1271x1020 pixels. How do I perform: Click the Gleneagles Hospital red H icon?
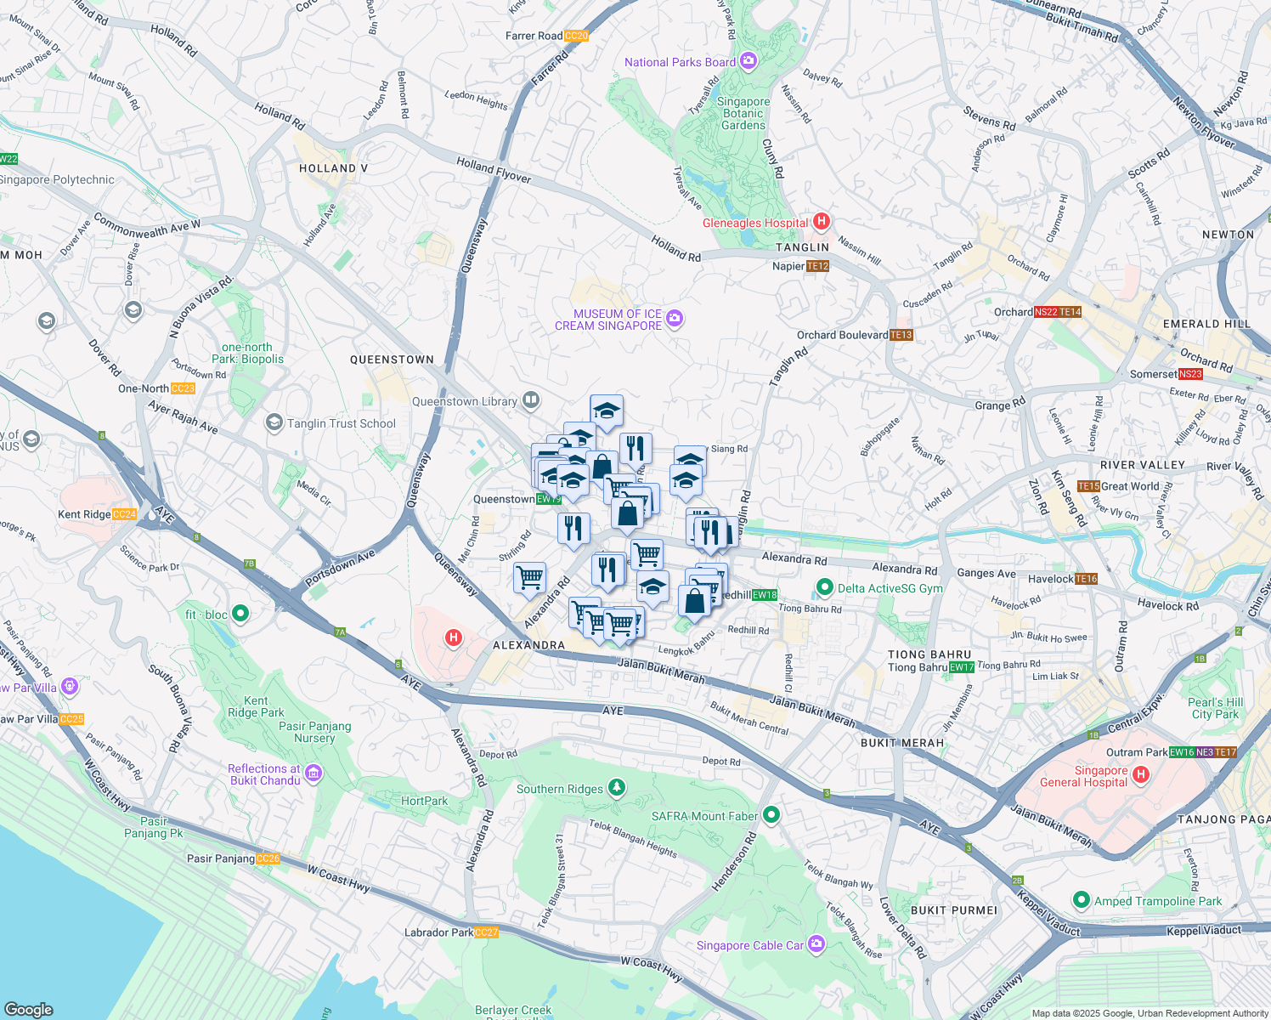click(x=821, y=223)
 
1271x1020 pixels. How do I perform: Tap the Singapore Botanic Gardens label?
click(x=743, y=113)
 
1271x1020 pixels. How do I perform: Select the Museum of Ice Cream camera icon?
click(x=675, y=320)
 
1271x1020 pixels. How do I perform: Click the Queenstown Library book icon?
click(x=531, y=400)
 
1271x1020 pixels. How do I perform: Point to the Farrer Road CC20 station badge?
click(x=575, y=36)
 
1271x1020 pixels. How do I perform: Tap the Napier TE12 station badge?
click(x=817, y=266)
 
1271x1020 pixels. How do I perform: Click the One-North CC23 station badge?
click(x=183, y=388)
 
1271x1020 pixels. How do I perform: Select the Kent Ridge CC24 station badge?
click(x=124, y=514)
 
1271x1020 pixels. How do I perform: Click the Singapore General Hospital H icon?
click(x=1141, y=774)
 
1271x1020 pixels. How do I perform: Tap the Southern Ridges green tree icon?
click(x=617, y=788)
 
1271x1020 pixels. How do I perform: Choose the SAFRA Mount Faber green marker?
click(x=771, y=816)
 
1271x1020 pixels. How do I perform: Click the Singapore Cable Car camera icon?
click(x=816, y=944)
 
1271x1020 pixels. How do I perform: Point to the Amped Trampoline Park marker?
click(x=1082, y=900)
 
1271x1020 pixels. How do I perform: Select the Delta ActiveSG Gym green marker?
click(x=823, y=587)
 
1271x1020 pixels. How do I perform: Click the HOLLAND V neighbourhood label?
click(x=333, y=168)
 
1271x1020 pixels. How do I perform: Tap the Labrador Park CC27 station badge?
click(x=487, y=932)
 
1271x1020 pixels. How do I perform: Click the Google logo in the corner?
click(x=29, y=1009)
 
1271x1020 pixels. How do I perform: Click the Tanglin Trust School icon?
click(x=274, y=422)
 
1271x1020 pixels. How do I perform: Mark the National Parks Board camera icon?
click(x=748, y=61)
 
